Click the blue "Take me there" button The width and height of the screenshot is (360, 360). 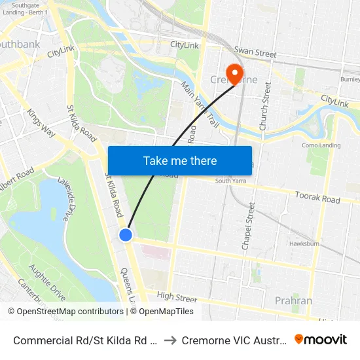pos(180,160)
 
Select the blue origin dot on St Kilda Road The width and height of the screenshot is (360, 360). pos(126,234)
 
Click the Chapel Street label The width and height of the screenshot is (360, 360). pos(247,226)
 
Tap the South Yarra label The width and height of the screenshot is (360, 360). pos(230,181)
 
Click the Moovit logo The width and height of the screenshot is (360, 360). pos(321,340)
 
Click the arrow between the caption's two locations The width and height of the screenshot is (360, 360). pos(168,340)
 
